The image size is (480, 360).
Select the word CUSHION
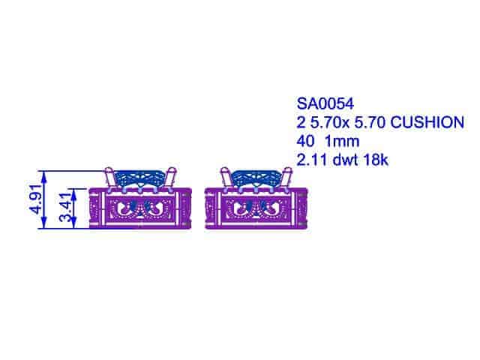[425, 121]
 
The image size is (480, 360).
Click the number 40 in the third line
[305, 139]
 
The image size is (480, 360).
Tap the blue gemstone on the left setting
[140, 178]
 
